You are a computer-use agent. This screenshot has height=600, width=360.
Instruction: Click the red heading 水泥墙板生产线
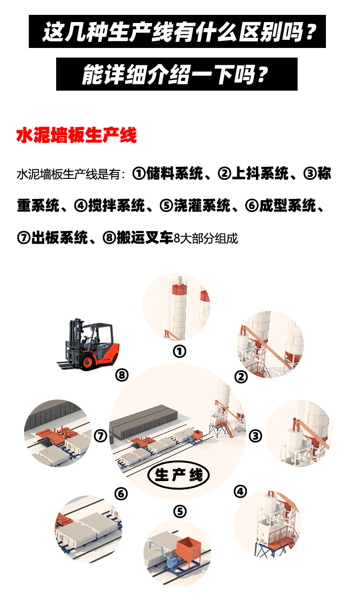[x=77, y=135]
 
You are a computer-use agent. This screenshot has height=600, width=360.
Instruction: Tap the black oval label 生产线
[x=179, y=475]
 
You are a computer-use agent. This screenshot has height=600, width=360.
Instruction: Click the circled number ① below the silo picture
[x=180, y=352]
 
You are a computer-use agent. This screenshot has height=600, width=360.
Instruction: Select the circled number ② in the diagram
[x=241, y=377]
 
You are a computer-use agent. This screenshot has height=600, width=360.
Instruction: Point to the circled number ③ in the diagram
[x=255, y=436]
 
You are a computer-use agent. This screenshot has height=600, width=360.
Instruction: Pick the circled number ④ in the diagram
[x=240, y=492]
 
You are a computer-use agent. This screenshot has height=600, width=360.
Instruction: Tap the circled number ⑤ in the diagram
[x=180, y=512]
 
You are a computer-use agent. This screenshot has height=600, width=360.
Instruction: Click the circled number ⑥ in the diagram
[x=121, y=494]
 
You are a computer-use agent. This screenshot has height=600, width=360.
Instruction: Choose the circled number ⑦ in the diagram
[x=100, y=436]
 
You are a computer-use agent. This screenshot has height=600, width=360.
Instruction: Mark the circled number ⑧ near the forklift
[x=122, y=375]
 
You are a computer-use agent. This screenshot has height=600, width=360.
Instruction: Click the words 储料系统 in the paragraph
[x=175, y=174]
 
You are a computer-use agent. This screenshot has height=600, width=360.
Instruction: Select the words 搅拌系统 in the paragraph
[x=117, y=206]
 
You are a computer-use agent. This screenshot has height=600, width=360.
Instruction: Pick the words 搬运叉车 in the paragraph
[x=145, y=237]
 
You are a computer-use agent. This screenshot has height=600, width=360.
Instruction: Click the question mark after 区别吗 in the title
[x=310, y=32]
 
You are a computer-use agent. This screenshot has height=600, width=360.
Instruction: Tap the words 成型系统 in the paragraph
[x=288, y=206]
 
